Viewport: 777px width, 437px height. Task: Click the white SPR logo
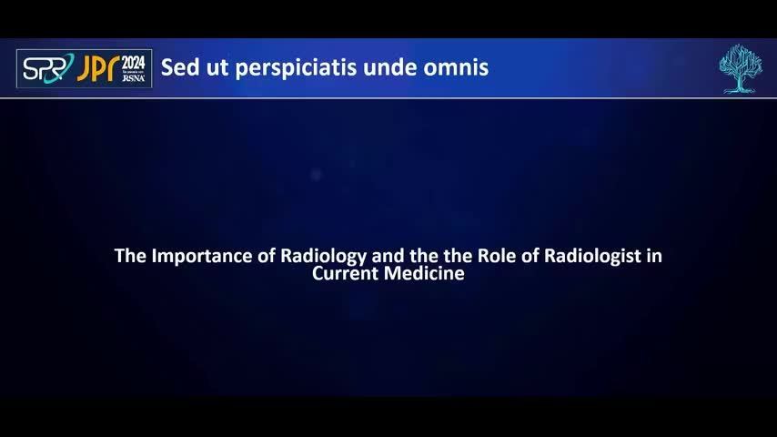(x=48, y=68)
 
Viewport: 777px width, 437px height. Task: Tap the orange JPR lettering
(x=98, y=68)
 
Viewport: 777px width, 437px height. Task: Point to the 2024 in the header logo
(x=134, y=63)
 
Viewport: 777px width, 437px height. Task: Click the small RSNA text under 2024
(x=134, y=78)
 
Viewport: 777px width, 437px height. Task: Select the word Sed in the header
(x=180, y=67)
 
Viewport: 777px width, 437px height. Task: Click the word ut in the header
(x=217, y=68)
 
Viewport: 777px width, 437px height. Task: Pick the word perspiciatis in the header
(x=296, y=68)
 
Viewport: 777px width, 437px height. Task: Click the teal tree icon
(x=741, y=68)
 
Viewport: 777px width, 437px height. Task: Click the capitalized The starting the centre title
(x=130, y=256)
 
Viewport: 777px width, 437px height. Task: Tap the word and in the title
(x=388, y=256)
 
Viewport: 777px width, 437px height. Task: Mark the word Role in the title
(x=496, y=256)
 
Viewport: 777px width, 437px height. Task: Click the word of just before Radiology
(x=266, y=256)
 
